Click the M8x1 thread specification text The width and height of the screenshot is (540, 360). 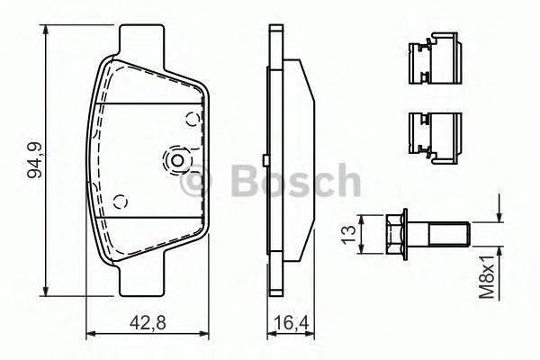[486, 274]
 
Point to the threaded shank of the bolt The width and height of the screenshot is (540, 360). [447, 236]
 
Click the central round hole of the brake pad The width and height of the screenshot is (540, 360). [176, 161]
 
